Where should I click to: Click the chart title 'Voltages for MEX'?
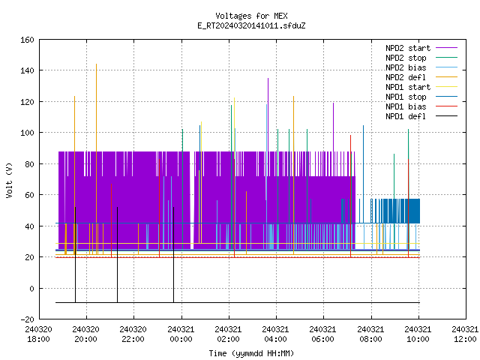point(251,16)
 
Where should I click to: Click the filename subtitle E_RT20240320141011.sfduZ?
point(251,25)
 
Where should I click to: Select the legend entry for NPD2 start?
point(408,48)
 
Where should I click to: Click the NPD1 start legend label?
point(408,87)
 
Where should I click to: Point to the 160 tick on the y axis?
point(27,40)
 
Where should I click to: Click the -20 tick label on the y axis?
point(27,319)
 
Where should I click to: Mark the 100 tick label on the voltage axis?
point(27,133)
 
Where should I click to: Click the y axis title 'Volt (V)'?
point(9,180)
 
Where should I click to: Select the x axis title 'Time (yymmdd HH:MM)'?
point(251,353)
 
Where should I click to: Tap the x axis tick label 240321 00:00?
point(181,334)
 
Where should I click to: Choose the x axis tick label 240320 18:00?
point(38,334)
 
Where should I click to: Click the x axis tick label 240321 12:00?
point(465,334)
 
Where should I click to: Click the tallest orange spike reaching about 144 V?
point(97,159)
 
